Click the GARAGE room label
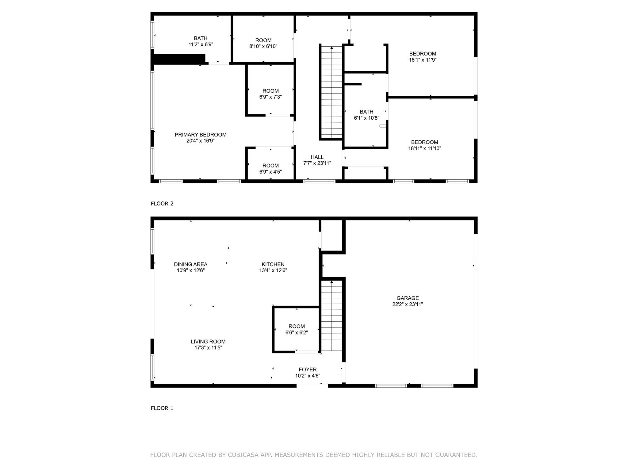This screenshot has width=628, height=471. point(408,298)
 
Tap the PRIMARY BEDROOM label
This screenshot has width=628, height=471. point(201,135)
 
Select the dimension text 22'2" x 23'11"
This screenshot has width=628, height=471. point(408,304)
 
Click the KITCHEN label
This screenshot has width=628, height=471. point(273,264)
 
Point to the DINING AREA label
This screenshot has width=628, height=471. point(191,264)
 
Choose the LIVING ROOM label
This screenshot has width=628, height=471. point(208,342)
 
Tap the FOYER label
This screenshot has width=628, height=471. point(308,370)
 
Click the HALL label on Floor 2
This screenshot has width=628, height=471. point(317,157)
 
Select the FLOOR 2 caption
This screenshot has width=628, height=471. point(162,204)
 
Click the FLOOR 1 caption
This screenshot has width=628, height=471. point(162,408)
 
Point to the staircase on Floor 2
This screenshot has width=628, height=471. point(331,92)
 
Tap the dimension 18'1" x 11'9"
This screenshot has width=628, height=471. point(423,60)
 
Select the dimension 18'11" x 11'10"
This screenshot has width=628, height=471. point(424,148)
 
